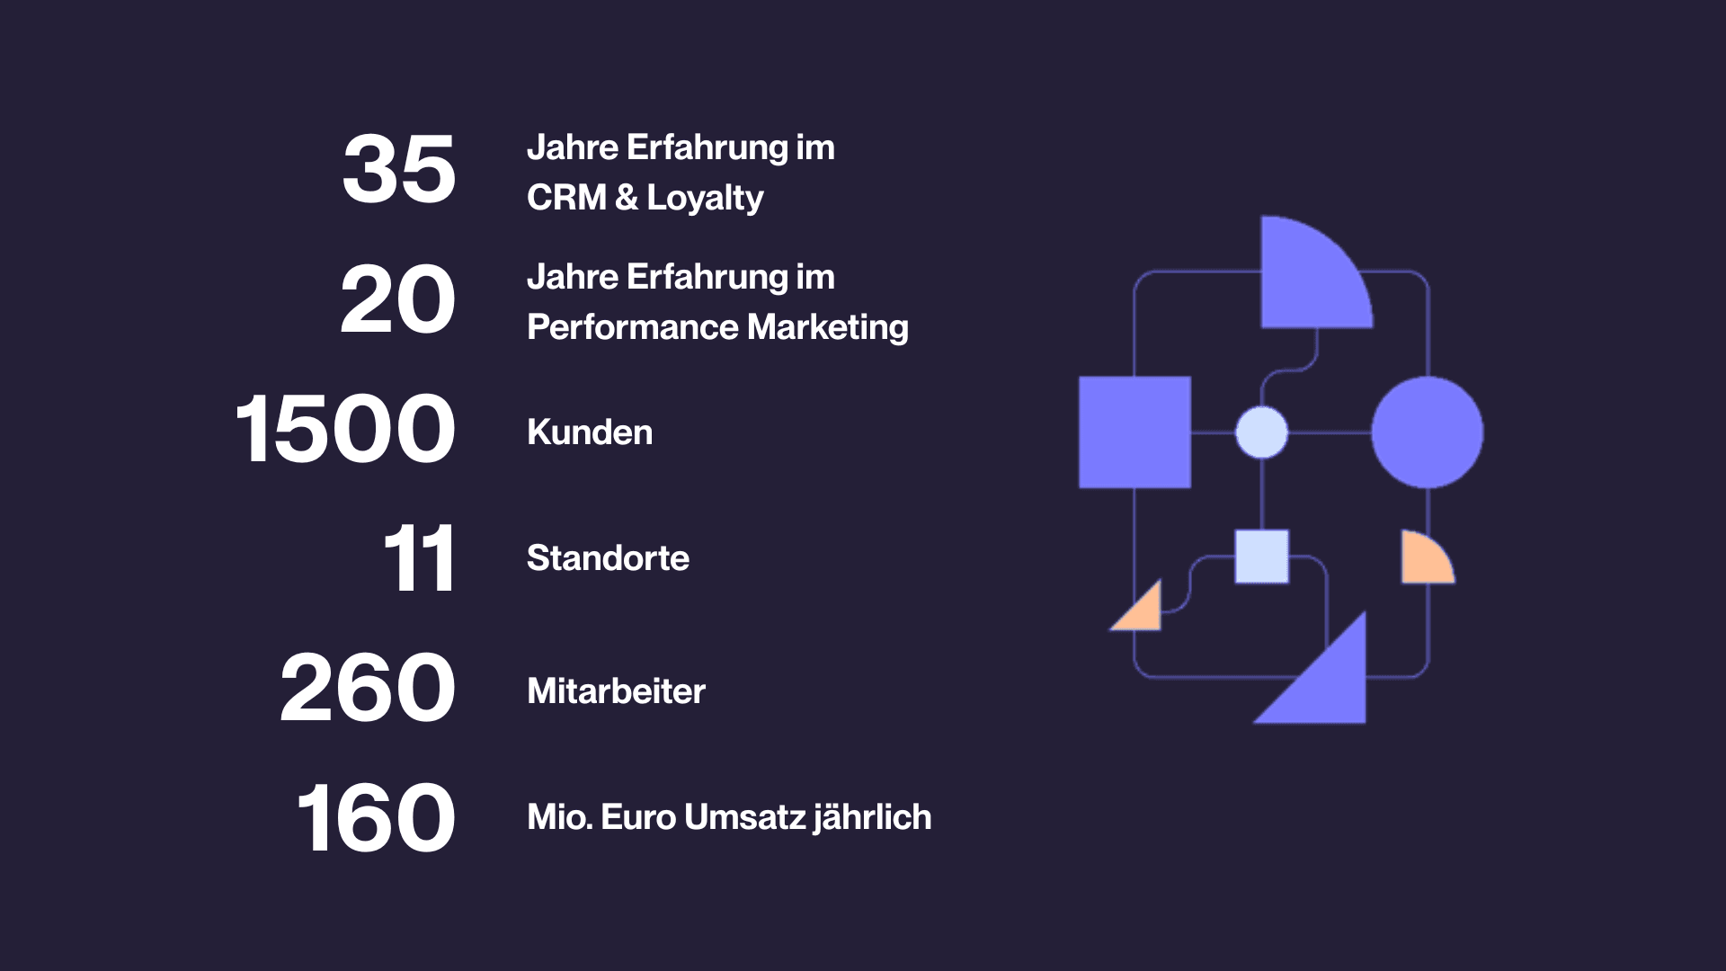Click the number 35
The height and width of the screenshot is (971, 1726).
[399, 169]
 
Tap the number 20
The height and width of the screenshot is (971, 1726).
[398, 300]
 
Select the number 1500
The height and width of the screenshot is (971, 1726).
[346, 430]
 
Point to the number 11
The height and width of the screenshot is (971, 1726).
[419, 559]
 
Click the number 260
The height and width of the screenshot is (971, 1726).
[368, 689]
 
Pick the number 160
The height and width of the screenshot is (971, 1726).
[376, 818]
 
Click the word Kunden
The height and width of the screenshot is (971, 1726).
[590, 432]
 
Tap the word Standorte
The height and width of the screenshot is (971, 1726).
[608, 558]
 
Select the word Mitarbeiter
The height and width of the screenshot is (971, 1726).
[616, 691]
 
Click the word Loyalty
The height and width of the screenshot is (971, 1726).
[705, 199]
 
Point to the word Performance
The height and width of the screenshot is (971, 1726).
[633, 327]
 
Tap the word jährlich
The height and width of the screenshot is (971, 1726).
[872, 817]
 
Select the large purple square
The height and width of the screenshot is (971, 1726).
[1134, 432]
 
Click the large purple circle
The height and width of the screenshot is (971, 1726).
[1428, 432]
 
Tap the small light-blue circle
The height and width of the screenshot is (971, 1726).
[1262, 432]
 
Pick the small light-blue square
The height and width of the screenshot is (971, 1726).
[1262, 557]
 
